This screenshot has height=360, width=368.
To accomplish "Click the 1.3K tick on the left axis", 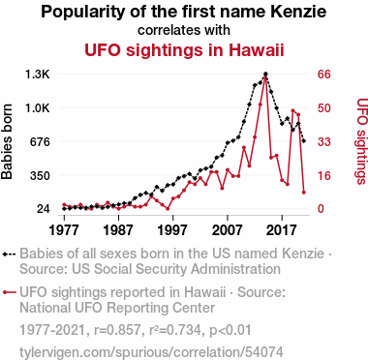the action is click(x=38, y=75).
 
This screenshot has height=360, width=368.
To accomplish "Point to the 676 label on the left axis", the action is click(x=40, y=141).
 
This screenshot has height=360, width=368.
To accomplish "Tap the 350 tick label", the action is click(x=40, y=175).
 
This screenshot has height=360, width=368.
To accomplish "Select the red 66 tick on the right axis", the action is click(x=324, y=75).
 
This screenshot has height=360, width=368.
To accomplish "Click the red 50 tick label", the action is click(x=324, y=108).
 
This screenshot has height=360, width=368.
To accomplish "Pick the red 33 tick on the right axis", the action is click(x=324, y=141).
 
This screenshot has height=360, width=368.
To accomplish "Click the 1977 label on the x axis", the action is click(x=64, y=230).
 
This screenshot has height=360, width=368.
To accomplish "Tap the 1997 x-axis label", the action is click(x=173, y=230).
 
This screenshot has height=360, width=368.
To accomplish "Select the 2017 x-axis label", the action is click(x=282, y=230).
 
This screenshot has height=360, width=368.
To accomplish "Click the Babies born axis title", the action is click(x=7, y=141).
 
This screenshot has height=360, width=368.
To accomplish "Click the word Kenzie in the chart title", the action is click(x=298, y=12).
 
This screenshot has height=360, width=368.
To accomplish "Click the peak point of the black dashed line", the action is click(x=265, y=75).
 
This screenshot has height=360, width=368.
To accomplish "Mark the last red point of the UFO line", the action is click(x=303, y=193).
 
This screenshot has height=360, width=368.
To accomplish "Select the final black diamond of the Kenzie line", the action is click(x=303, y=141).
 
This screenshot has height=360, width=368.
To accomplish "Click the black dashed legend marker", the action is click(x=9, y=255).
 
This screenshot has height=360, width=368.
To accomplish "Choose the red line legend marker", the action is click(x=9, y=292).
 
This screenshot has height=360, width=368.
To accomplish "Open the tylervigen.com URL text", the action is click(x=151, y=352).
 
